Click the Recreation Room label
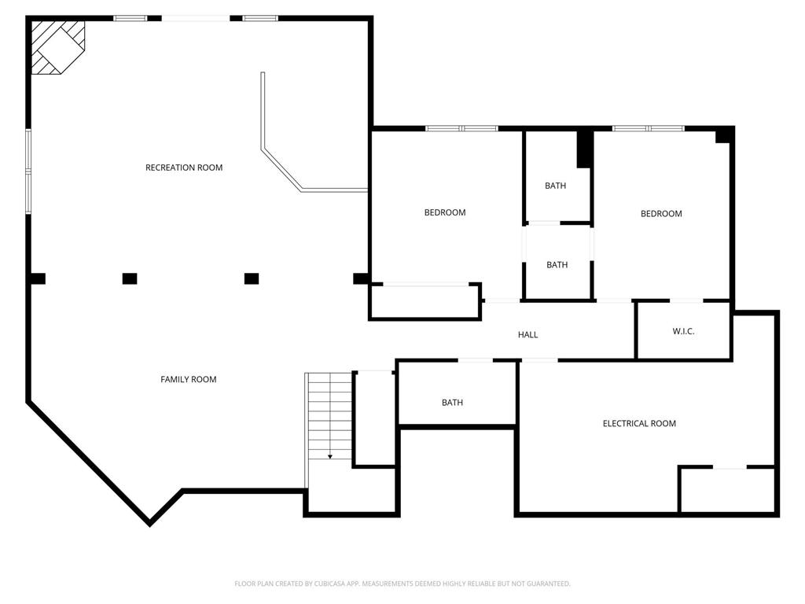184,168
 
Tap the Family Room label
189,380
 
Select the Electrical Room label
639,424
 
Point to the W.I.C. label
683,332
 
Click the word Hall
527,335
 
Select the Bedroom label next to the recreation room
445,212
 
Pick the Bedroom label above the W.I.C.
661,214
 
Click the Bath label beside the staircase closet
452,403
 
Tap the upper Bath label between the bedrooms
556,186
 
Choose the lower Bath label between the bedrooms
557,265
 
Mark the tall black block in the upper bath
585,149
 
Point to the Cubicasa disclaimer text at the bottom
402,584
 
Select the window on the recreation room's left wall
28,171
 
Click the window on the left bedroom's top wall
461,128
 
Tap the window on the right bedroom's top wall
649,128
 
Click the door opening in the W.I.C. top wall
686,300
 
